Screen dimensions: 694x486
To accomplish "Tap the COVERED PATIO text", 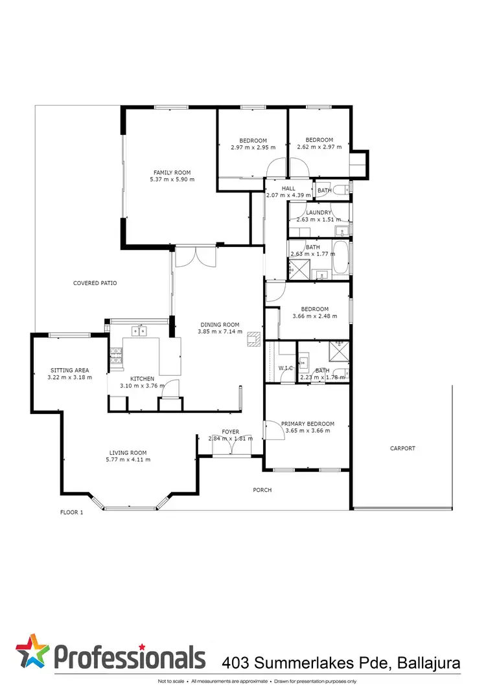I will (x=95, y=283).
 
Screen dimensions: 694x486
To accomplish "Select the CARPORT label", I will (x=402, y=448).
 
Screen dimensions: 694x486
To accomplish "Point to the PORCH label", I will (x=262, y=490).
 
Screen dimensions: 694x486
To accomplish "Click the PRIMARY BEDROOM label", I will (x=305, y=424).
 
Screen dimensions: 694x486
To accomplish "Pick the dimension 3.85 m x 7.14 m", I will (x=219, y=332).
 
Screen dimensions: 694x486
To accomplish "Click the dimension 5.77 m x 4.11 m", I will (x=128, y=459).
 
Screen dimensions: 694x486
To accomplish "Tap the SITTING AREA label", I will (x=69, y=370).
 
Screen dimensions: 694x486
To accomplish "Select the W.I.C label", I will (x=286, y=368).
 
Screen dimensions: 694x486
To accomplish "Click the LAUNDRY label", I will (x=318, y=213).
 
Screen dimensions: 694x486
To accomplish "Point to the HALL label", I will (x=288, y=189).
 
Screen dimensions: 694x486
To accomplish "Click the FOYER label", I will (x=231, y=432).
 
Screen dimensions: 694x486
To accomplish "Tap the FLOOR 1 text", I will (x=72, y=512).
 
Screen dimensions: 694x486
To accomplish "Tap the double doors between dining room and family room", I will (x=198, y=257).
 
